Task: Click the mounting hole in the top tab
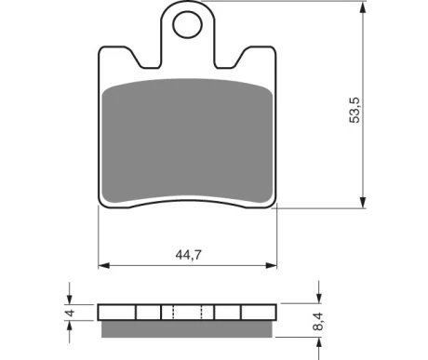tap(187, 24)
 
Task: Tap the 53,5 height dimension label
tap(354, 111)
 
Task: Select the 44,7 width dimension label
tap(189, 255)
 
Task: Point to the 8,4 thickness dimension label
tap(318, 322)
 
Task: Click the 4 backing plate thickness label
tap(71, 313)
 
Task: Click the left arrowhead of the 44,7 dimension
tap(104, 265)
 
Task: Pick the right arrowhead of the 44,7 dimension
tap(272, 265)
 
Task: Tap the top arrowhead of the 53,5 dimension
tap(362, 7)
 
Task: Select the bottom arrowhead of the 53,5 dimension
tap(362, 202)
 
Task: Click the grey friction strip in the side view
tap(187, 329)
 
